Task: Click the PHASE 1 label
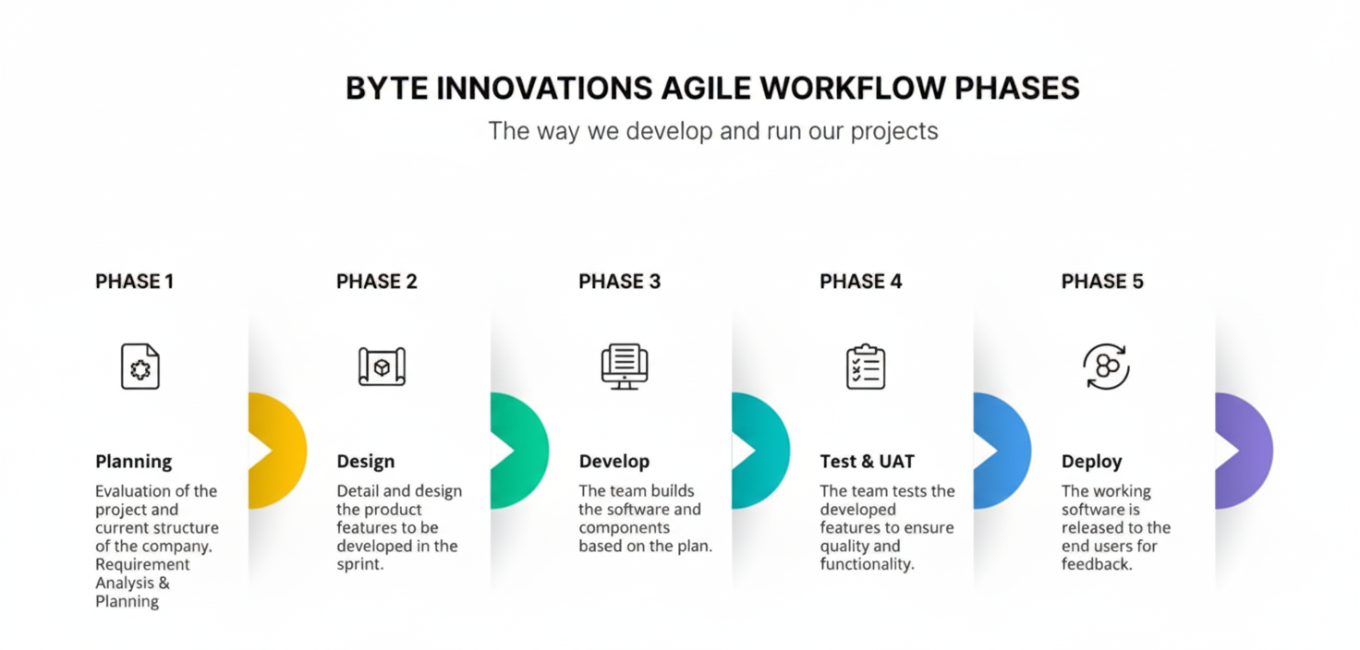click(x=134, y=282)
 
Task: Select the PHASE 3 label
click(x=619, y=282)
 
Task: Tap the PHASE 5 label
click(x=1102, y=282)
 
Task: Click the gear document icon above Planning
click(x=140, y=367)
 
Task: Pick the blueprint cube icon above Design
click(x=382, y=367)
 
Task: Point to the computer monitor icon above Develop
click(x=625, y=367)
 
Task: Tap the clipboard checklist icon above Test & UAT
click(x=866, y=367)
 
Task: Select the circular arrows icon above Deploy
click(x=1106, y=367)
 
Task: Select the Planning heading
click(x=133, y=462)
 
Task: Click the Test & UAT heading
click(x=866, y=462)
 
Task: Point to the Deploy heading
click(x=1091, y=462)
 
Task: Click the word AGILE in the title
click(x=707, y=89)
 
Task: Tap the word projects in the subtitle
click(x=894, y=131)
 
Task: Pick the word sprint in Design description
click(x=358, y=564)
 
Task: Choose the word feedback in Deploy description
click(x=1096, y=564)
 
